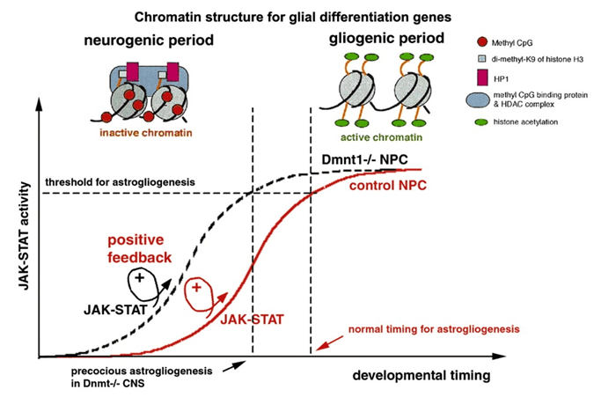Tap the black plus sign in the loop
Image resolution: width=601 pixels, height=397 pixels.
(139, 278)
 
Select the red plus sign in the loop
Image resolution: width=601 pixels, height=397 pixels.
(198, 288)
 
